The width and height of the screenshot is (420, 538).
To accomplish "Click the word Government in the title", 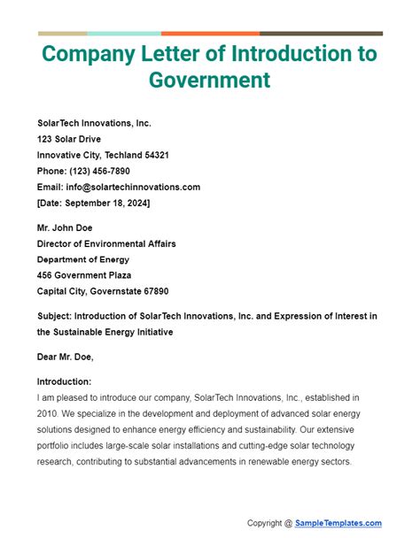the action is (210, 81).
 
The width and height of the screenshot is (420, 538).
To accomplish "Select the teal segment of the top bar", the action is (125, 34).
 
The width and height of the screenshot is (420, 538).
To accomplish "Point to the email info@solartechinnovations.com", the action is (132, 187).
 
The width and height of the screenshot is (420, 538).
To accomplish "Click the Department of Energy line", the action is (83, 259).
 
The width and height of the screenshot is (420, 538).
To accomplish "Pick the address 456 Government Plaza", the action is (89, 275).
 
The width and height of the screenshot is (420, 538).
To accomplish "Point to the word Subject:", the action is (55, 316).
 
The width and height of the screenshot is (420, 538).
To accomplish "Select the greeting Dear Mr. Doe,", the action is (66, 357).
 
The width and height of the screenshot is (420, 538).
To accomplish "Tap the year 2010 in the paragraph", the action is (49, 413).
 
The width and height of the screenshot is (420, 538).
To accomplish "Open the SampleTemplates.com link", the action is (338, 523).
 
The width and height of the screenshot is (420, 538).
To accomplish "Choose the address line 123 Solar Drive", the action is (69, 139).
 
